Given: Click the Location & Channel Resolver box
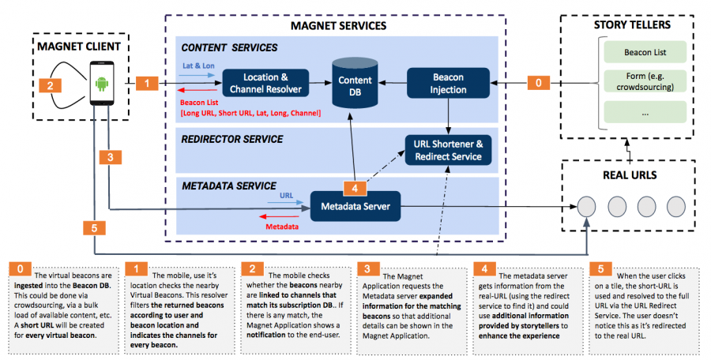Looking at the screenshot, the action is tap(265, 83).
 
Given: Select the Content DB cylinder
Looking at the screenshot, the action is tap(355, 83).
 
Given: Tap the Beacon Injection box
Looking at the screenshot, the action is tap(448, 83).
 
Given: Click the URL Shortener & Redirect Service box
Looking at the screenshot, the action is tap(448, 150).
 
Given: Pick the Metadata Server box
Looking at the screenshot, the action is tap(355, 206).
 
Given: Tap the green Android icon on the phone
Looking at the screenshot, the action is tap(102, 84).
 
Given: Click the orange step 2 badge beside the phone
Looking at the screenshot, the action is tap(51, 84).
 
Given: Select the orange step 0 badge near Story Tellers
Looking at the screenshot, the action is tap(538, 83).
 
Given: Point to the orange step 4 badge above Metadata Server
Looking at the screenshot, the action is tap(355, 188).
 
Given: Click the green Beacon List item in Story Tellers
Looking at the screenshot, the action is tap(645, 52).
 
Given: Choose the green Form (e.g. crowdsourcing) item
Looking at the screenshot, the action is tap(645, 81).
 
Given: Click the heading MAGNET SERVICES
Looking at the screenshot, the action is tap(338, 25).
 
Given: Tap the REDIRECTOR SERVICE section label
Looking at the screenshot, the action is tap(232, 139).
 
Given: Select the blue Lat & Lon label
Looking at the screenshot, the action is tap(198, 66).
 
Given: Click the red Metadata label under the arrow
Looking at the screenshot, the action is tap(281, 227).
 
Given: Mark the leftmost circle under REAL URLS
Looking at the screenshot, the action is tap(586, 206).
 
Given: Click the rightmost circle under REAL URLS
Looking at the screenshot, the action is tap(676, 206).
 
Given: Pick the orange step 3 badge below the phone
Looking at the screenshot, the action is tap(110, 157).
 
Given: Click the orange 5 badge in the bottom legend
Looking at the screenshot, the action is tap(600, 269).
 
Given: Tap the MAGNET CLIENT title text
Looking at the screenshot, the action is tap(79, 47).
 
